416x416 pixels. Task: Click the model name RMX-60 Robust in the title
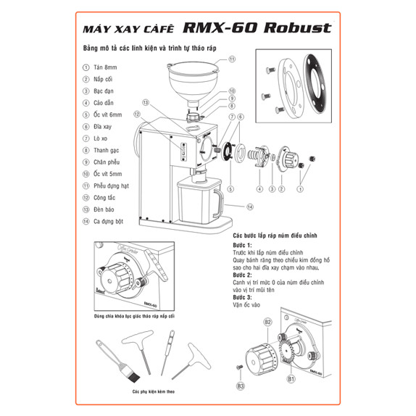[x=258, y=29]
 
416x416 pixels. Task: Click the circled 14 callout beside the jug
[x=249, y=206]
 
